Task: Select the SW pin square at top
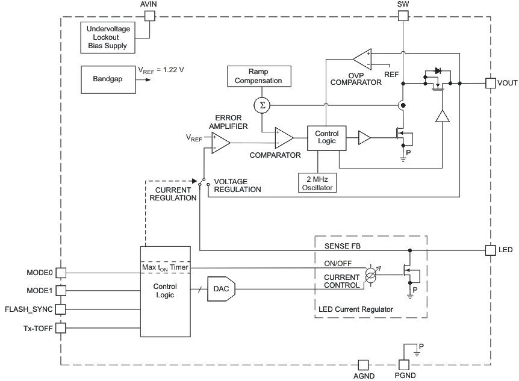point(403,16)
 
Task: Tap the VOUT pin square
point(491,82)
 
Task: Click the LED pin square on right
point(491,249)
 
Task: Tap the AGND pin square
point(363,364)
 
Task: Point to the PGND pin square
point(403,364)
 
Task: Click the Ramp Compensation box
point(258,76)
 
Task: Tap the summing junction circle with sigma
point(261,106)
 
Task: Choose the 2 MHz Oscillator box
point(317,182)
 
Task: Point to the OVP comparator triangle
point(363,59)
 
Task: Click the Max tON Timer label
point(165,267)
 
